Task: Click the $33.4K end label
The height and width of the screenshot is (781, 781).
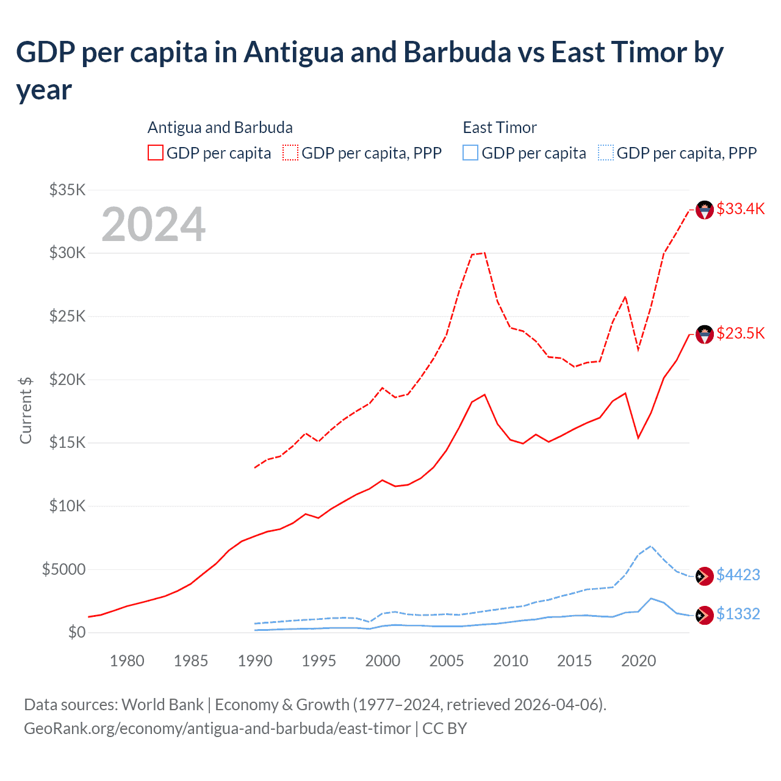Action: (740, 209)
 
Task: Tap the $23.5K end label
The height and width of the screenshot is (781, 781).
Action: (740, 333)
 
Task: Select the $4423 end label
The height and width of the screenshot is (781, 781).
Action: (738, 575)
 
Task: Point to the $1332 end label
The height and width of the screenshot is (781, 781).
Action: (738, 614)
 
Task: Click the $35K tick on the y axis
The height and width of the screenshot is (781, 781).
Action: (68, 190)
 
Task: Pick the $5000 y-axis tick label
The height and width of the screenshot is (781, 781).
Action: (64, 569)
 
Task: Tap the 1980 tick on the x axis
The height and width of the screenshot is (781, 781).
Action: (127, 661)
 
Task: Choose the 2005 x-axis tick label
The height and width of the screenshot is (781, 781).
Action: (447, 661)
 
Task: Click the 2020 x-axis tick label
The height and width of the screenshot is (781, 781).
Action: (638, 661)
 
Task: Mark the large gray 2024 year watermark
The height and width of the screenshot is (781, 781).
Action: (153, 225)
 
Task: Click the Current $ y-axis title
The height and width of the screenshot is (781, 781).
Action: (26, 410)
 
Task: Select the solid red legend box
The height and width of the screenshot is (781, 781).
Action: (156, 153)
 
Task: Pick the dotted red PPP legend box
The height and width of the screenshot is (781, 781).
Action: (291, 153)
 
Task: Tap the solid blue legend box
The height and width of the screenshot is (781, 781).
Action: (470, 153)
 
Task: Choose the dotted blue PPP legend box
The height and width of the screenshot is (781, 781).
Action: (606, 153)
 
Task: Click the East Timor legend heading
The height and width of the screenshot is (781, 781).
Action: (500, 128)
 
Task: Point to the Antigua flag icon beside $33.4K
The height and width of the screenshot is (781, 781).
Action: (705, 210)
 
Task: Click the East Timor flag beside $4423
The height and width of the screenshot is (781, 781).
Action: (705, 576)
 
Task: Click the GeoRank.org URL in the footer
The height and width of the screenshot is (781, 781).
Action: (217, 729)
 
